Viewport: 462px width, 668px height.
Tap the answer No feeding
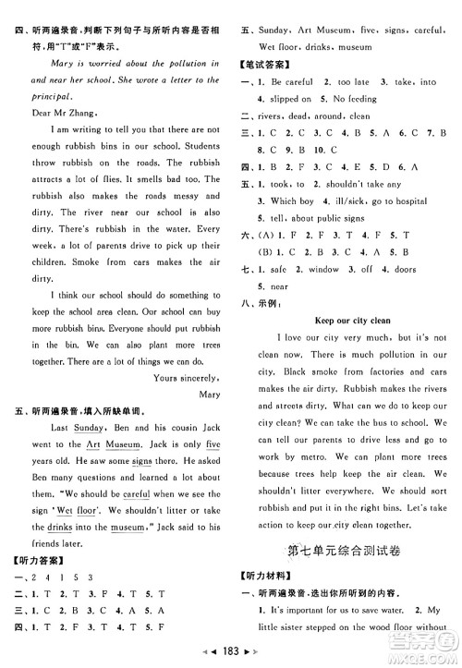pyautogui.click(x=371, y=98)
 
